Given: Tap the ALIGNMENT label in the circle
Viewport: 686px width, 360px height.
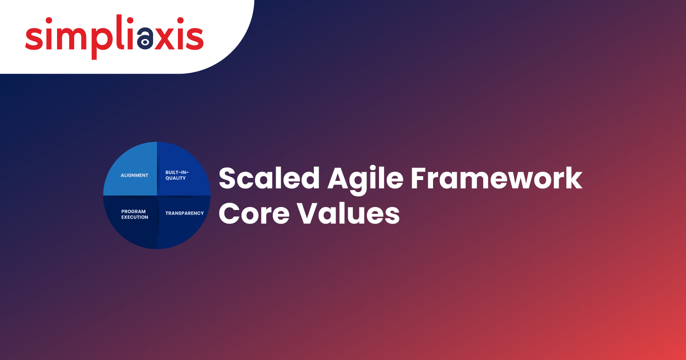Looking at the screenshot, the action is tap(135, 175).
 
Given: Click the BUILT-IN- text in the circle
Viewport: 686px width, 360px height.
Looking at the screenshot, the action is tap(177, 172).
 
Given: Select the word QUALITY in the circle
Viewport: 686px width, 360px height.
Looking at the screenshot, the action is tap(175, 178).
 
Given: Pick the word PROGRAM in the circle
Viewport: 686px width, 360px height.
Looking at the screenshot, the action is tap(133, 212).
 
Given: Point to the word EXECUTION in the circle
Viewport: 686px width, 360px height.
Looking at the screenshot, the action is tap(135, 217).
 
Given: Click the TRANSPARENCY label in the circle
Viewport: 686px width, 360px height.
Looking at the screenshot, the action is tap(185, 213).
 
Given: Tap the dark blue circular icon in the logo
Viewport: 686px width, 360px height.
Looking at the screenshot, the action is tap(145, 38).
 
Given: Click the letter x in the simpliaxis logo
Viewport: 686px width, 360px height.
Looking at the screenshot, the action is tap(165, 38).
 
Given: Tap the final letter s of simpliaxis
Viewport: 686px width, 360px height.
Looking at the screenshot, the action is tap(195, 38).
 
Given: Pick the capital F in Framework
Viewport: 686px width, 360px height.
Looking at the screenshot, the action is tap(420, 178).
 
